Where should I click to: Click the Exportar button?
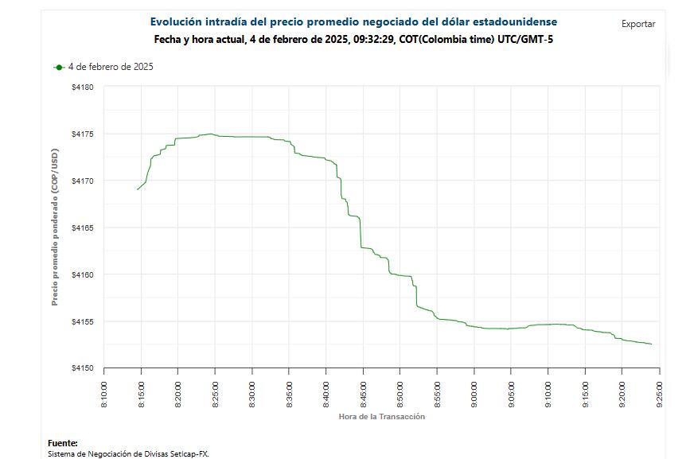pyautogui.click(x=638, y=24)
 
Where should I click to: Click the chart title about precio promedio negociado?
pyautogui.click(x=353, y=22)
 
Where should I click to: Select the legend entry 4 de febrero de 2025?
pyautogui.click(x=110, y=67)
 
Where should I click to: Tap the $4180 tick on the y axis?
pyautogui.click(x=83, y=87)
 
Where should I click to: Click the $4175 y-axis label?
pyautogui.click(x=83, y=134)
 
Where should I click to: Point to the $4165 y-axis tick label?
pyautogui.click(x=83, y=228)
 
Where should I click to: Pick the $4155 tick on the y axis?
pyautogui.click(x=83, y=322)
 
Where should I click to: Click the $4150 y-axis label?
pyautogui.click(x=83, y=369)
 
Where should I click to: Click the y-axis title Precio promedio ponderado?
pyautogui.click(x=55, y=228)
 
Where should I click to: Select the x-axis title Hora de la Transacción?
pyautogui.click(x=381, y=417)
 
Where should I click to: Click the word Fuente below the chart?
pyautogui.click(x=63, y=443)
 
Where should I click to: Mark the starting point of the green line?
pyautogui.click(x=138, y=189)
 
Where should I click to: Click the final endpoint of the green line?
pyautogui.click(x=652, y=344)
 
